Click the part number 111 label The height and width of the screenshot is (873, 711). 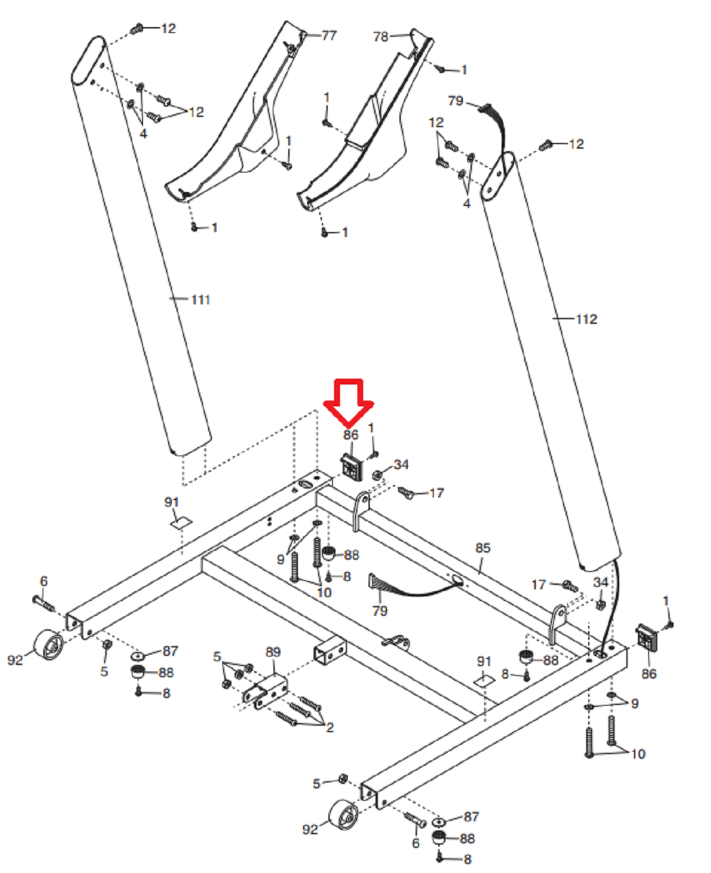[200, 300]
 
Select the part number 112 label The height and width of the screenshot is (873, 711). [586, 319]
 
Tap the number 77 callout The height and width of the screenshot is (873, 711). [329, 36]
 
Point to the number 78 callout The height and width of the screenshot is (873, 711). [381, 37]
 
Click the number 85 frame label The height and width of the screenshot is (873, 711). [483, 548]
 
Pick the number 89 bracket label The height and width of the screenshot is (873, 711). [273, 652]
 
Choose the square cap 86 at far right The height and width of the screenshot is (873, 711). [646, 638]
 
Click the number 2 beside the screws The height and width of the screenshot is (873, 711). [330, 728]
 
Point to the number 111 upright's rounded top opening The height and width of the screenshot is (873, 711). [89, 59]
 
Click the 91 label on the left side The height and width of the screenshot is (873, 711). [171, 502]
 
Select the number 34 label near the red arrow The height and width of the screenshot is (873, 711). [401, 465]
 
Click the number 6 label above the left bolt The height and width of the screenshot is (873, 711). [44, 582]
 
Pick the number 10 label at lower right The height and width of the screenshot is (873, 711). [638, 754]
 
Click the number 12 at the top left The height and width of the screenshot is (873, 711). [168, 28]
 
